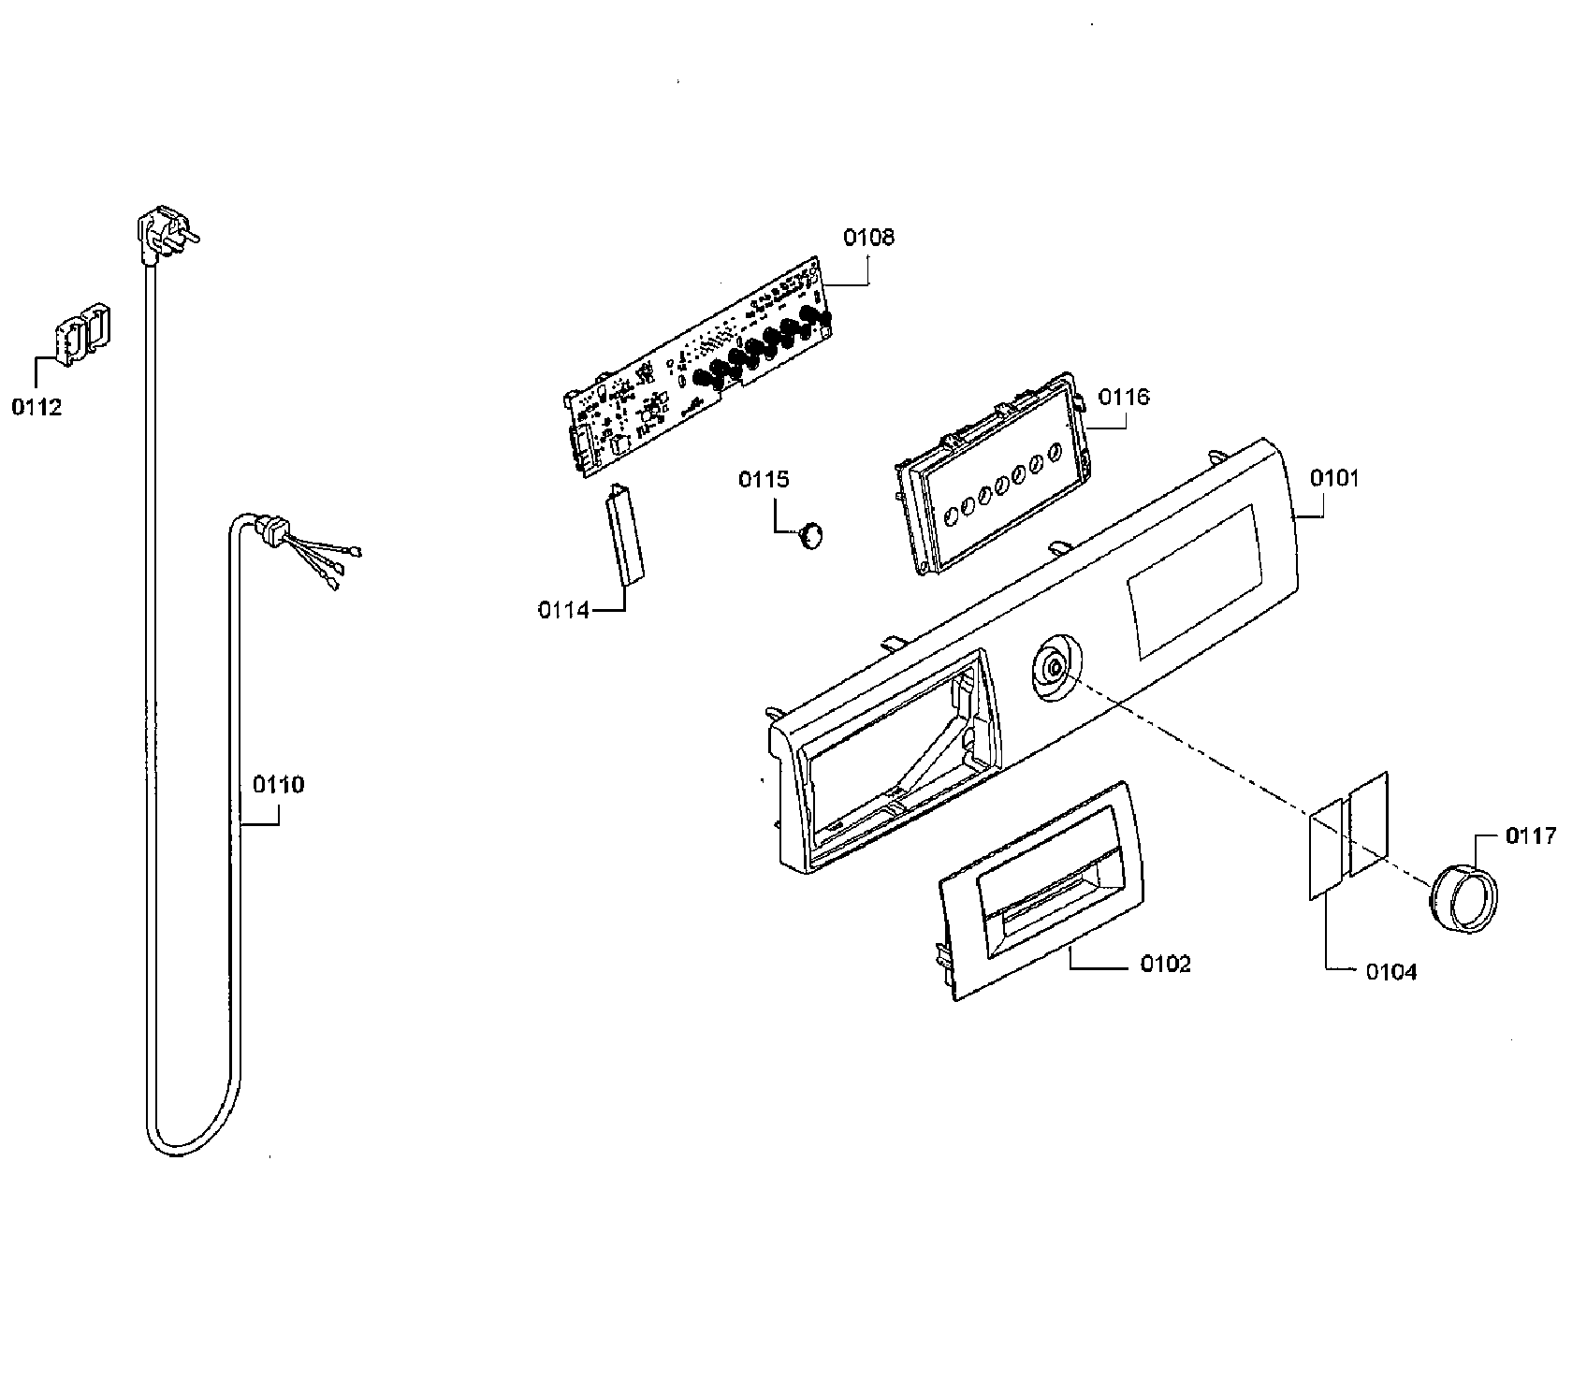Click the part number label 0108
(x=868, y=238)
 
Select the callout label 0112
(x=36, y=407)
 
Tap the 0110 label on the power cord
(x=279, y=784)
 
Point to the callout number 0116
(x=1124, y=397)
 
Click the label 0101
(x=1334, y=479)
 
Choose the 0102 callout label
(x=1165, y=964)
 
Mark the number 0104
(x=1391, y=972)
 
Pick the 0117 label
(x=1531, y=836)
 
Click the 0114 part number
(x=563, y=610)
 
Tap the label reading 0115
(x=764, y=480)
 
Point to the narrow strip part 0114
(x=625, y=533)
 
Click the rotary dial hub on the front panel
(x=1055, y=666)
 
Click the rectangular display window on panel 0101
(x=1194, y=582)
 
